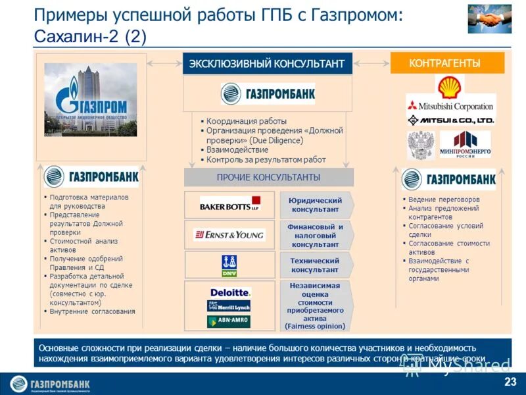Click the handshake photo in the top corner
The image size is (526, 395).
pos(490,19)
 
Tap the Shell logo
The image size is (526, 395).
pos(450,88)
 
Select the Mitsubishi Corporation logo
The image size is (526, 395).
pos(450,105)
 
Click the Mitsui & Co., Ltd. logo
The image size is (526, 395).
pos(450,120)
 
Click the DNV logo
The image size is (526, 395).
pos(229,265)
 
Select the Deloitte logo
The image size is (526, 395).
pos(229,292)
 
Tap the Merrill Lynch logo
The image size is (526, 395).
pos(229,306)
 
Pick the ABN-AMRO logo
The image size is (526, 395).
pos(229,321)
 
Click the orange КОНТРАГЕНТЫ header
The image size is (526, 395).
pos(447,63)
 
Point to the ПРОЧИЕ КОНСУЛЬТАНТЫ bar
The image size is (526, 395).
pos(268,177)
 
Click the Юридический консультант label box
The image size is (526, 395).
pos(315,205)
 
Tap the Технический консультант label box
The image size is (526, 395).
pos(315,265)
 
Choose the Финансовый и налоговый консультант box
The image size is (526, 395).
pos(315,235)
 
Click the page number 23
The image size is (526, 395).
pos(510,382)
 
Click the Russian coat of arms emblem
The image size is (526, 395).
pos(421,144)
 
